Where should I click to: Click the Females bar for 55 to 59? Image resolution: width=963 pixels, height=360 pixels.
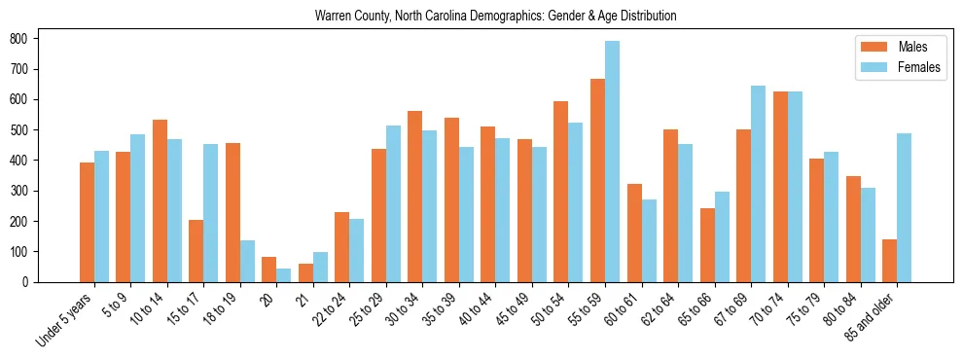(x=612, y=162)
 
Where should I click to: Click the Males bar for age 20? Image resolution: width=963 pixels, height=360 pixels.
(x=268, y=270)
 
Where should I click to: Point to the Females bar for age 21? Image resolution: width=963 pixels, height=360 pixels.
(x=320, y=267)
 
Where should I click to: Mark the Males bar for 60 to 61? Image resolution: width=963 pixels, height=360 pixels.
(x=633, y=233)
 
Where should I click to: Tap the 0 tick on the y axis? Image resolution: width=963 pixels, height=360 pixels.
(x=33, y=282)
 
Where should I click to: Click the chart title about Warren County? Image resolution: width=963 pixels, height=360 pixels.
(x=495, y=17)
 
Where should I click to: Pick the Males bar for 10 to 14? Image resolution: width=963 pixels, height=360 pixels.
(x=160, y=200)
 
